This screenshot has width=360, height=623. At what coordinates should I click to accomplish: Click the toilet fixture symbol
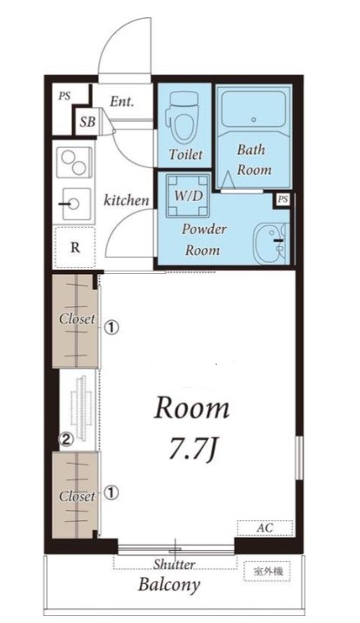(183, 117)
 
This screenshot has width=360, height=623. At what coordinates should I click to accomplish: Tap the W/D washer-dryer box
(188, 196)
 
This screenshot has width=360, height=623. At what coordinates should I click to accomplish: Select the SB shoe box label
(87, 122)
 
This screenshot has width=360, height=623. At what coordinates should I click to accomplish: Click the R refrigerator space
(75, 247)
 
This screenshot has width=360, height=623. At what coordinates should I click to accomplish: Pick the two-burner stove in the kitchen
(74, 162)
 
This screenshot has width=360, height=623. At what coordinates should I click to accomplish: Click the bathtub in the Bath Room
(253, 110)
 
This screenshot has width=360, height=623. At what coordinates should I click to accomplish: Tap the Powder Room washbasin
(271, 243)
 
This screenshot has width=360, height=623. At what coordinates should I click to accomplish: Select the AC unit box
(265, 527)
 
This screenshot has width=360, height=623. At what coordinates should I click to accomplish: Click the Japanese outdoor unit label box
(267, 572)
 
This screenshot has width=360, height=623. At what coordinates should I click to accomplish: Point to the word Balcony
(169, 586)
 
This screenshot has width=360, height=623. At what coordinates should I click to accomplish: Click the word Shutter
(174, 564)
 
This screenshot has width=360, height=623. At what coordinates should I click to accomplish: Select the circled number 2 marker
(65, 439)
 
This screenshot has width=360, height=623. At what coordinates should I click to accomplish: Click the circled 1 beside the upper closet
(111, 328)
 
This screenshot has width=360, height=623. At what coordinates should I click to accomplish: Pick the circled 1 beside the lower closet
(111, 492)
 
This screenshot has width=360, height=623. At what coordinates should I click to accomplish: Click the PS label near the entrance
(64, 97)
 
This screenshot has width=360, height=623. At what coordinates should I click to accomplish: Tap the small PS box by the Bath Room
(283, 199)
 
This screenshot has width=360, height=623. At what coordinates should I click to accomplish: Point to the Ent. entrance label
(122, 102)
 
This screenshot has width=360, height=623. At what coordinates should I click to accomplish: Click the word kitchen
(126, 201)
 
